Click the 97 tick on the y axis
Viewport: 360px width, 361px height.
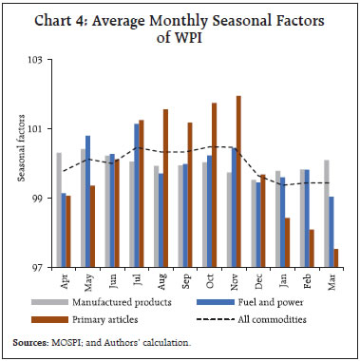click(39, 267)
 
